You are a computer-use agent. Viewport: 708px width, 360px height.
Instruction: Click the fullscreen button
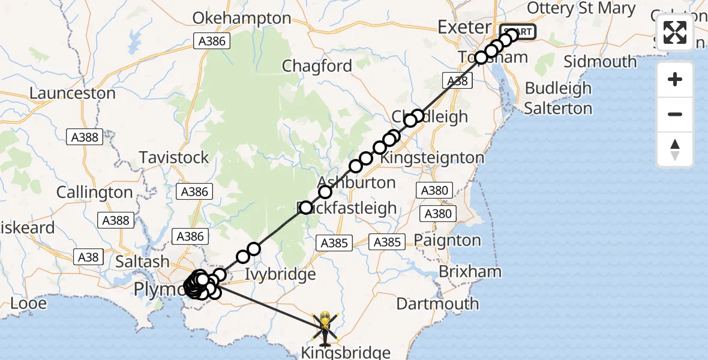point(675,32)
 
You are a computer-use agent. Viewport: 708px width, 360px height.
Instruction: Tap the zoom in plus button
point(675,80)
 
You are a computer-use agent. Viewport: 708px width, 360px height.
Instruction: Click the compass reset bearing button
point(675,149)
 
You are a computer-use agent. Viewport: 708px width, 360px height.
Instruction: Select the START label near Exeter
point(517,31)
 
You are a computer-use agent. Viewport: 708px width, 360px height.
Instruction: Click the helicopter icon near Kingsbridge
point(325,329)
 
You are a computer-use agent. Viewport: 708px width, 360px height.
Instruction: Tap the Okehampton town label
point(242,18)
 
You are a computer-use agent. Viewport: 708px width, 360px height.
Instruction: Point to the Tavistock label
point(174,157)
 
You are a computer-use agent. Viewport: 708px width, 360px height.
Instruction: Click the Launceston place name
point(72,94)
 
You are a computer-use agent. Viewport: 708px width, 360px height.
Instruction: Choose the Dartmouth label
point(438,304)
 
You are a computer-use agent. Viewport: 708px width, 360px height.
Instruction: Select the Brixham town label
point(470,271)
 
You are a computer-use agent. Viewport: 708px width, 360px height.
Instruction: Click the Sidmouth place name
point(600,62)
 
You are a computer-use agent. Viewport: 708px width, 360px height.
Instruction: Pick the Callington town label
point(94,193)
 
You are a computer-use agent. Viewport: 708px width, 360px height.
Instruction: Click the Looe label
point(29,304)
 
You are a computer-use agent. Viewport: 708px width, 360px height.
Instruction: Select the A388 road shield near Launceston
point(84,137)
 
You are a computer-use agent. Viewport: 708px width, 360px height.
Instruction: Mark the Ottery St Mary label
point(581,8)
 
